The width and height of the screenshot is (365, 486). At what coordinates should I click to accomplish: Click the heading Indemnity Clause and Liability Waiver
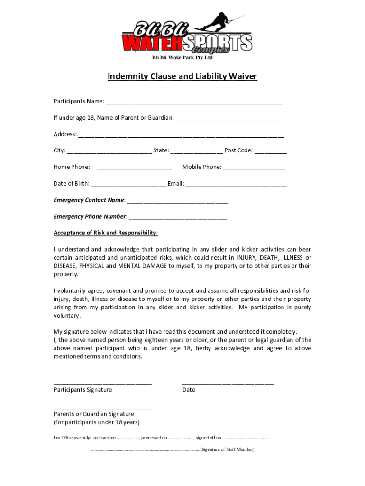tap(182, 76)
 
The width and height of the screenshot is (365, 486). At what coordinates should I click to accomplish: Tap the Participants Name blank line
tap(194, 103)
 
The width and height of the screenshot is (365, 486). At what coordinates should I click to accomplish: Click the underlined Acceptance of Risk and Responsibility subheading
tap(105, 233)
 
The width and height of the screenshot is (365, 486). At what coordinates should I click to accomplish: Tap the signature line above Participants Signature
tap(102, 383)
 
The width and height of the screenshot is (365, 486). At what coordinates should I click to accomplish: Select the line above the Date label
tap(228, 383)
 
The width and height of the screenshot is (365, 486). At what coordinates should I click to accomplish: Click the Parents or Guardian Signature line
tap(102, 407)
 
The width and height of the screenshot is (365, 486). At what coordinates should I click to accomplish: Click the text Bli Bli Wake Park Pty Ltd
tap(182, 58)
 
